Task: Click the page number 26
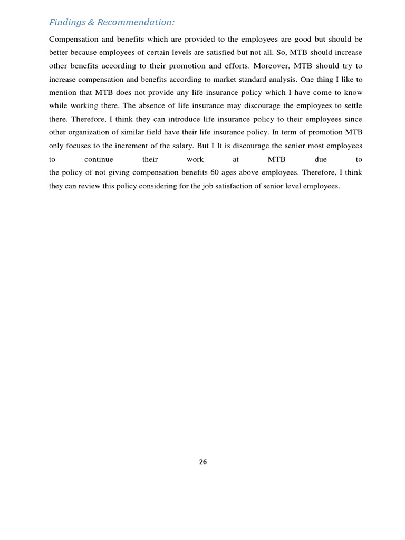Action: click(x=203, y=462)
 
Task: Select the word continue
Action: click(x=99, y=159)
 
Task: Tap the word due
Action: click(x=321, y=159)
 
